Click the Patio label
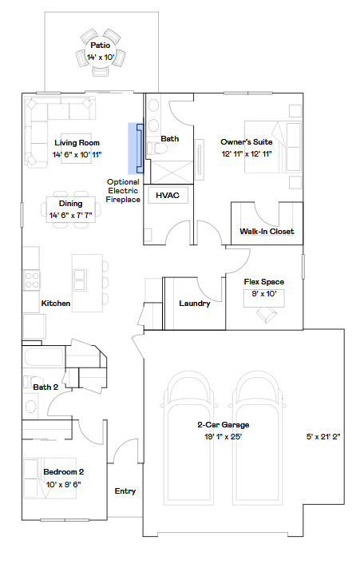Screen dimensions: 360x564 click(101, 46)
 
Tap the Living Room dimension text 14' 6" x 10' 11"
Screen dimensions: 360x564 click(77, 155)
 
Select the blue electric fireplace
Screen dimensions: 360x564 click(136, 149)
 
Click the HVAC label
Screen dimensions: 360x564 click(168, 195)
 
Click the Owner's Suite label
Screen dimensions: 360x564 click(247, 141)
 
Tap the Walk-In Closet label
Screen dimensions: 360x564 click(267, 232)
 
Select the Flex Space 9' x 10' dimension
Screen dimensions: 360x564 click(264, 294)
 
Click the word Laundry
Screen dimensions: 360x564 click(195, 304)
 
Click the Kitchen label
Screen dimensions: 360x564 click(56, 304)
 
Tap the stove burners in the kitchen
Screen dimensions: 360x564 click(32, 280)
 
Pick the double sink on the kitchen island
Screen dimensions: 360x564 click(79, 280)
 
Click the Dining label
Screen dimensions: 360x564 click(71, 204)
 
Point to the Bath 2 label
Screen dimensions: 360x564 click(45, 387)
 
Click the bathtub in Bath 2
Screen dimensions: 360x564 click(44, 356)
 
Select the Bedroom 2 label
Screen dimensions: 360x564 click(64, 471)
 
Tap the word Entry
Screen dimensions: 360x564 click(125, 491)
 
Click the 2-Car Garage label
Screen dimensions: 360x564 click(224, 425)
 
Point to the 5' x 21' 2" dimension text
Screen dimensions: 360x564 click(323, 437)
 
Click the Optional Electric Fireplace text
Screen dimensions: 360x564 click(123, 191)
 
